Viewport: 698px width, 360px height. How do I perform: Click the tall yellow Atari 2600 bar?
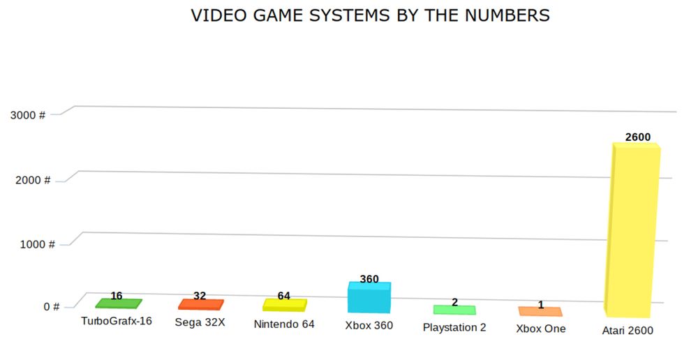point(632,230)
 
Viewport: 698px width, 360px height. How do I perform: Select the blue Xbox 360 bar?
point(369,298)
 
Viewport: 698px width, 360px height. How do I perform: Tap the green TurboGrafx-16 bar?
point(118,303)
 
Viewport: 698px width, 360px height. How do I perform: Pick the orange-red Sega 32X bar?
point(201,304)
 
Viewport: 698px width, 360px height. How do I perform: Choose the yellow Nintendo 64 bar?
point(284,305)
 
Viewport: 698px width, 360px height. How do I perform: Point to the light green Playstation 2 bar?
point(454,310)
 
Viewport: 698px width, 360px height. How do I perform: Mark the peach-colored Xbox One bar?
point(540,311)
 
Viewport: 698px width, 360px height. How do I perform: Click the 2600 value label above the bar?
point(638,137)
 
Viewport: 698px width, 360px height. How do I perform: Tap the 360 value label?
point(369,279)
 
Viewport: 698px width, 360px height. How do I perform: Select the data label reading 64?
point(283,296)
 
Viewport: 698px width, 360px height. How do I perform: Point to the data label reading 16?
point(117,296)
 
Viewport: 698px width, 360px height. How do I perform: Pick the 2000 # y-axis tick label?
point(33,180)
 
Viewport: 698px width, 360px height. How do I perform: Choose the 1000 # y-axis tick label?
point(38,244)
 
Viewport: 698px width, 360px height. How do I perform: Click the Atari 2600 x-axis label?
point(628,331)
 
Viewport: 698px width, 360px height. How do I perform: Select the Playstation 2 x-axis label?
point(454,327)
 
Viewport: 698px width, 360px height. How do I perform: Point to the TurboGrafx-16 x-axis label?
point(117,322)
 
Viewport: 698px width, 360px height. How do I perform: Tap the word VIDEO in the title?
point(214,15)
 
